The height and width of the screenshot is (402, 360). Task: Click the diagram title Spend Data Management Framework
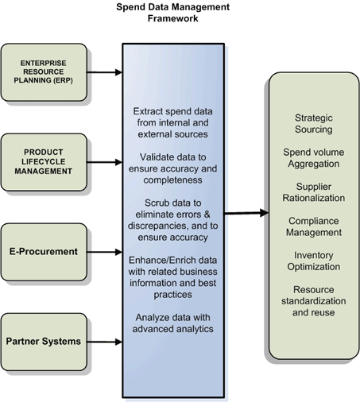[x=172, y=13]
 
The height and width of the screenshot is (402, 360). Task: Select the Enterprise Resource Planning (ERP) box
[x=44, y=72]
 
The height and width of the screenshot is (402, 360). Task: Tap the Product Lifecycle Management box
[x=44, y=162]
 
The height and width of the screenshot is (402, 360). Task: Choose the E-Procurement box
[x=44, y=252]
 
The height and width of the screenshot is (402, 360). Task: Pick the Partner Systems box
[x=44, y=342]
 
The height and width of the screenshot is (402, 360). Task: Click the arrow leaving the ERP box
[x=104, y=72]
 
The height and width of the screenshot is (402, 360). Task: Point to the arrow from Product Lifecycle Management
[x=104, y=162]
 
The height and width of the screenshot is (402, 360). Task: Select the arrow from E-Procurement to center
[x=104, y=252]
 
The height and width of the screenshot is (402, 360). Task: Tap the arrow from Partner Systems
[x=104, y=342]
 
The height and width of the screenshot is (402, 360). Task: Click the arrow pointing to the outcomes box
[x=246, y=213]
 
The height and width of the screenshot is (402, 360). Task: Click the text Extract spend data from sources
[x=173, y=122]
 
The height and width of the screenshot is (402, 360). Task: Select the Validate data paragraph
[x=173, y=168]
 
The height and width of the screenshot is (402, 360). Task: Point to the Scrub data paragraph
[x=173, y=220]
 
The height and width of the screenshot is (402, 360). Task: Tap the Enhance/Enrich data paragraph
[x=173, y=277]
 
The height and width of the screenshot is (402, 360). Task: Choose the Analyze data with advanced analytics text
[x=173, y=323]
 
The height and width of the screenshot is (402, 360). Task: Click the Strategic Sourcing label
[x=314, y=124]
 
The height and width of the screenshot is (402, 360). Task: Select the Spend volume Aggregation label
[x=314, y=158]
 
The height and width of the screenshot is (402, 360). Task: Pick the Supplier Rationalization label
[x=314, y=192]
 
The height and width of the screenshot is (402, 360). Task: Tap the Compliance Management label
[x=314, y=226]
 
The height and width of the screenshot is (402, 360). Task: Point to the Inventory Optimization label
[x=314, y=261]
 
